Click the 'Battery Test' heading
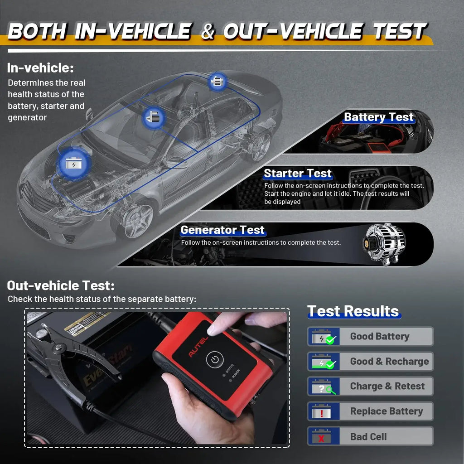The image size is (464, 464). tap(378, 117)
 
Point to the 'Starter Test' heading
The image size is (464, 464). tap(298, 174)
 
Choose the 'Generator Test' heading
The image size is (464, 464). tap(222, 230)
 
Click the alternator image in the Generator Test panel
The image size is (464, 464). tap(386, 243)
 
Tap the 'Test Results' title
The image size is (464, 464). tap(353, 311)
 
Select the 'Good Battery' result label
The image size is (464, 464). tap(379, 337)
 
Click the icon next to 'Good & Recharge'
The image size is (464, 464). tap(323, 362)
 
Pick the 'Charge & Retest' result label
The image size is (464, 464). tap(387, 387)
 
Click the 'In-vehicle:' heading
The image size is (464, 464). tap(40, 68)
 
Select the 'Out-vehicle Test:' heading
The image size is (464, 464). tap(61, 286)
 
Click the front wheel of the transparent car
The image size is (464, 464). tap(138, 221)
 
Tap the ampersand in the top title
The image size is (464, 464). tap(207, 32)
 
